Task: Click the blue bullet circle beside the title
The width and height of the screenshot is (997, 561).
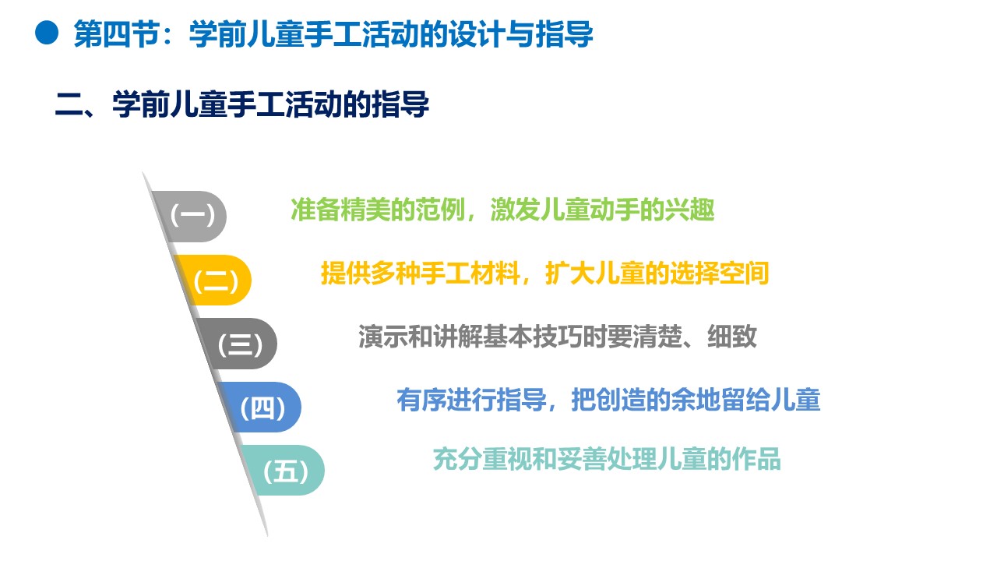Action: point(47,33)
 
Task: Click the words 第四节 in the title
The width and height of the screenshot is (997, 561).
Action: point(116,34)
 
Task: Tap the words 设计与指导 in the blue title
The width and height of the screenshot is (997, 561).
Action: point(521,34)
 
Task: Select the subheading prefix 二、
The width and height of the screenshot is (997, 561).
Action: point(80,105)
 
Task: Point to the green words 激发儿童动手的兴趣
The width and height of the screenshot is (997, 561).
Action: point(603,210)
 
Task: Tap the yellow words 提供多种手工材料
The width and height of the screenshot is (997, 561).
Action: point(420,273)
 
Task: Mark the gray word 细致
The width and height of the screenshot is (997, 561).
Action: point(732,336)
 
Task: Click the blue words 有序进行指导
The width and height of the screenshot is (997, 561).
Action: point(471,400)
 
